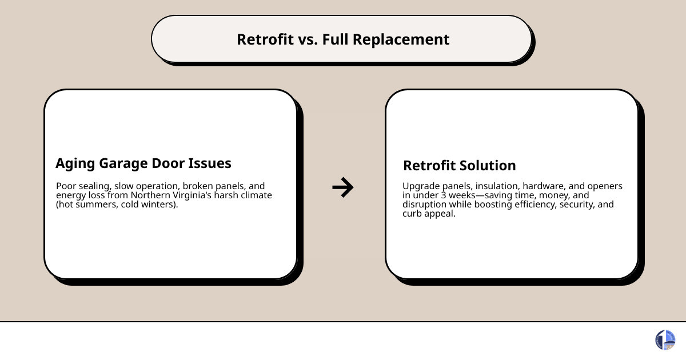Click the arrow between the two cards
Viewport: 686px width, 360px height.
click(342, 187)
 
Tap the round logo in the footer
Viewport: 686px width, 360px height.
click(665, 340)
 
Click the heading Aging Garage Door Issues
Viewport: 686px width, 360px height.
click(143, 163)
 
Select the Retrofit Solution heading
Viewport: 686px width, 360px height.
click(459, 166)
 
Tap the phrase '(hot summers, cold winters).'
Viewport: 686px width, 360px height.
click(117, 205)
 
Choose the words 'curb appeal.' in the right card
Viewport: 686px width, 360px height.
click(429, 214)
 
